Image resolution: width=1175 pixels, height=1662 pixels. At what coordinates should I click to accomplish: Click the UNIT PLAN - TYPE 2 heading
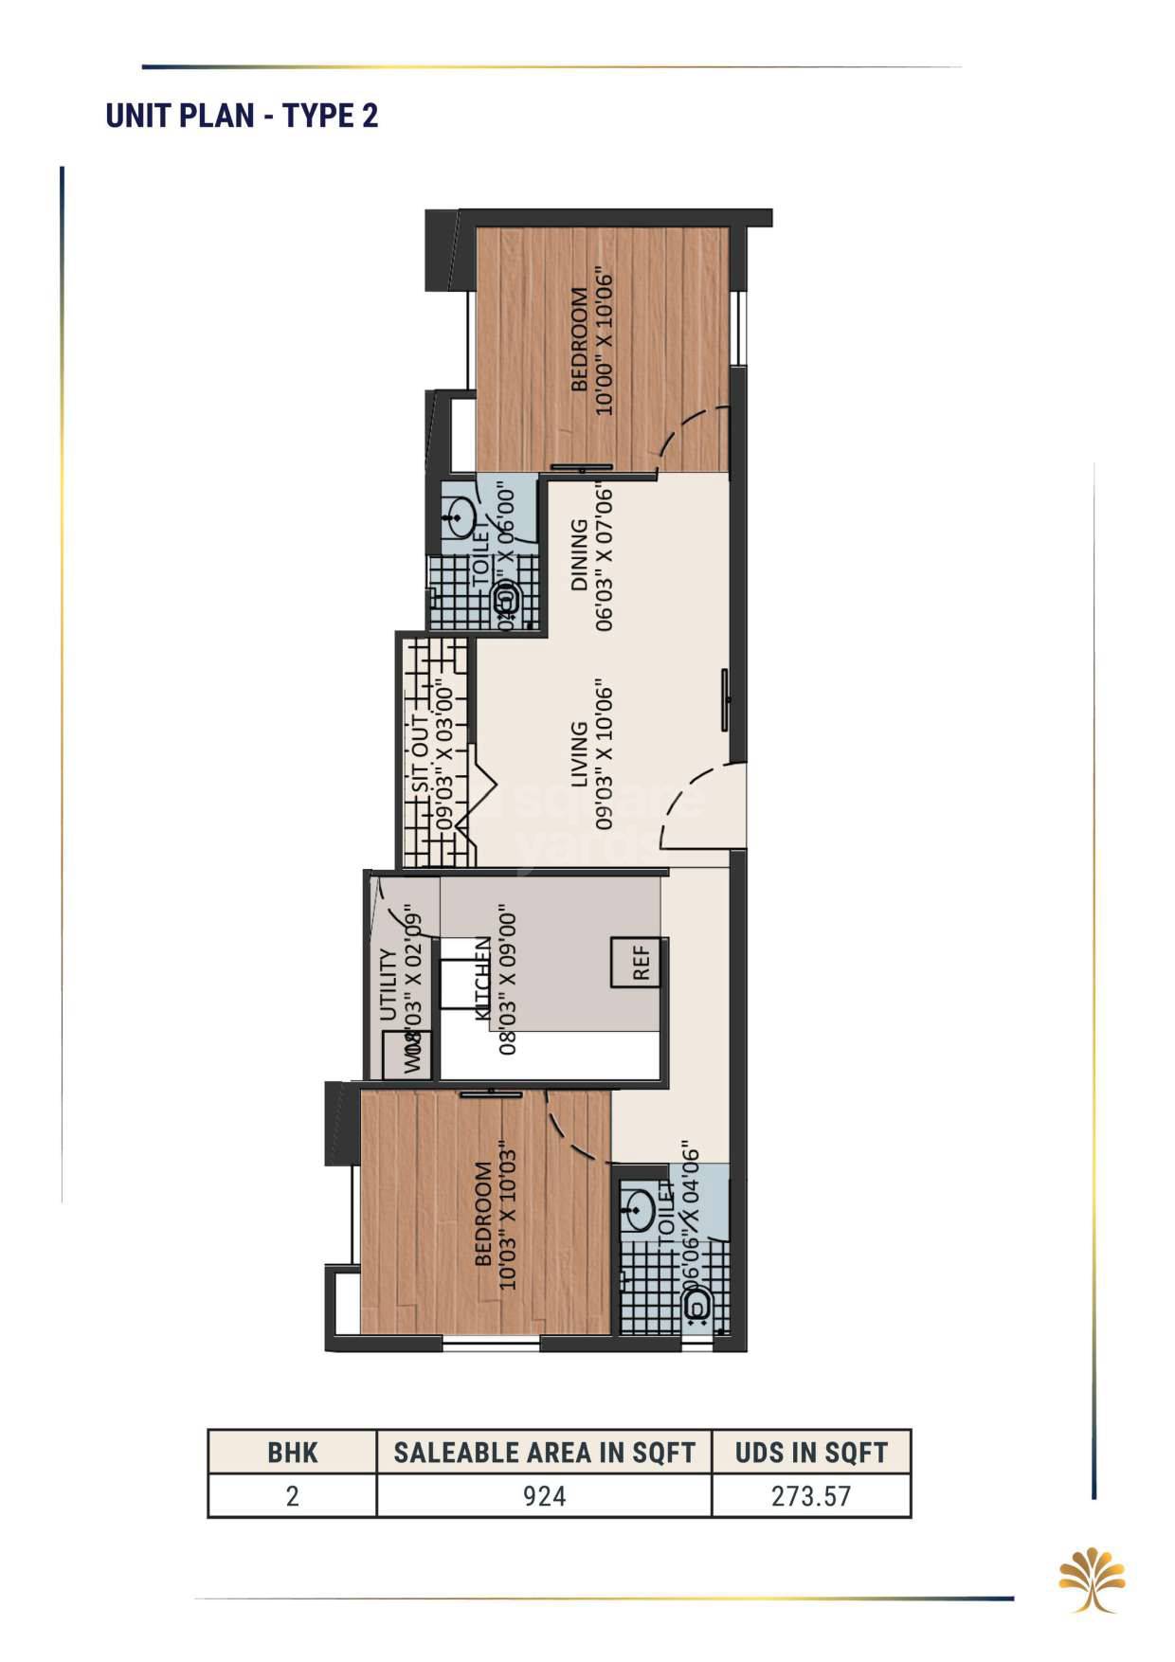point(242,116)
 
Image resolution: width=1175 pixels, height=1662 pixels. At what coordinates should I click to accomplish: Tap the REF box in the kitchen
point(641,963)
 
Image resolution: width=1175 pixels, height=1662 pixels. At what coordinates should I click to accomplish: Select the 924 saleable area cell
point(544,1496)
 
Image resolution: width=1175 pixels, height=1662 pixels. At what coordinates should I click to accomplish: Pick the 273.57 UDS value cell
point(811,1496)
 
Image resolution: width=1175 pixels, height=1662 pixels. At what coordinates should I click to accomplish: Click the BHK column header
point(292,1453)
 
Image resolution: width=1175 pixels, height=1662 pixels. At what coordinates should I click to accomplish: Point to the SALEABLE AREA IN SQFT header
point(544,1453)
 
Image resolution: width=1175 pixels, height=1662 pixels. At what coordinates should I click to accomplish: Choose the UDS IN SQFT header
point(811,1453)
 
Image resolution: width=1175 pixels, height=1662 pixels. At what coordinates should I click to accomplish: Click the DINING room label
point(579,554)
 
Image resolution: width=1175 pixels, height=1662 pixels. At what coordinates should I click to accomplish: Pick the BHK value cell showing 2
point(292,1496)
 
